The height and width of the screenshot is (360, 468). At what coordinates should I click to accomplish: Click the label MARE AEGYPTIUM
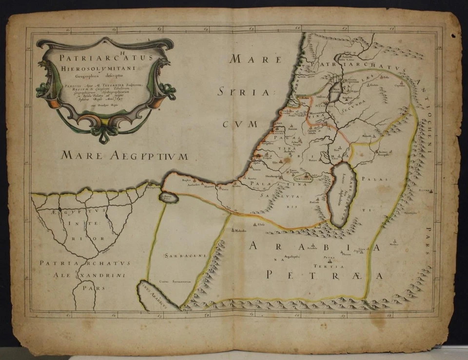coord(124,156)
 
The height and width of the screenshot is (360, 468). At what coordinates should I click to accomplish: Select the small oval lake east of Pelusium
coord(168,198)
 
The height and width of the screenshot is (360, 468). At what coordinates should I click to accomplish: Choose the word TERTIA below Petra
coord(331,266)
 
